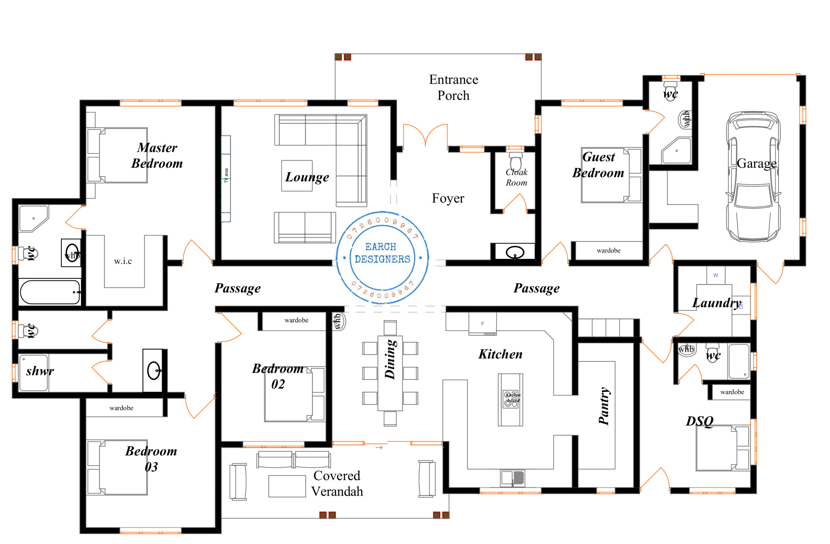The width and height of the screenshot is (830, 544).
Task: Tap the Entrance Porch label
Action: pos(453,88)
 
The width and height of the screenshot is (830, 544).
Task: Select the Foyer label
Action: pos(448,198)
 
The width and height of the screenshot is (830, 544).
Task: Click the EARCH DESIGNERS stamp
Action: pos(382,257)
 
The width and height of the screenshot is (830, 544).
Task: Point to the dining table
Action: pos(390,373)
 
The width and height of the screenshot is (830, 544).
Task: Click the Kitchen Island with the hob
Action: pos(510,400)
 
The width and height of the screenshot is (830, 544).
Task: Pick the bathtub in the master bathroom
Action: pos(50,292)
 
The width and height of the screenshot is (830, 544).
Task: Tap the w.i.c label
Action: pos(123,261)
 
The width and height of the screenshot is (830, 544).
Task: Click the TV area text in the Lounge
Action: pos(226,175)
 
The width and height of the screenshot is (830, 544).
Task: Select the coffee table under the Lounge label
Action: pos(297,176)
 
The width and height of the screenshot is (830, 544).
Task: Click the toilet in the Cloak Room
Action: pos(515,161)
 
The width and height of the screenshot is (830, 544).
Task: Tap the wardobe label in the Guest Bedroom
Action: pos(608,250)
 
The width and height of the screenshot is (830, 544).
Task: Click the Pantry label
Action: pos(604,406)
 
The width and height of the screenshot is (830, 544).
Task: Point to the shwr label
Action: pos(40,371)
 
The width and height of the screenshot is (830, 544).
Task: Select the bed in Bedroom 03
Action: pos(117,467)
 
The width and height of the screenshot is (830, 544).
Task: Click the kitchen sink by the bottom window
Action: pos(512,478)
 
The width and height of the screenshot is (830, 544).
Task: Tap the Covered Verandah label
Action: pos(337,483)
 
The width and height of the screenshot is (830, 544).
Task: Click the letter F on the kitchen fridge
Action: pos(482,324)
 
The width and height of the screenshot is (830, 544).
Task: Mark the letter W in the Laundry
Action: pos(716,275)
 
